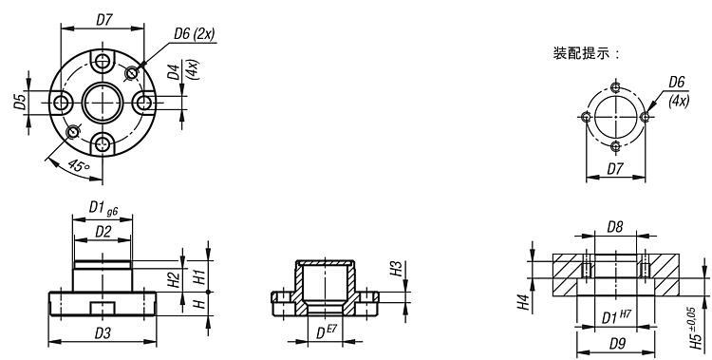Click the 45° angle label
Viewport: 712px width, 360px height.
pos(79,166)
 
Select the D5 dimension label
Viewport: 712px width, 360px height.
pos(19,103)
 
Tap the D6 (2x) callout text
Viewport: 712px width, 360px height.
pos(195,34)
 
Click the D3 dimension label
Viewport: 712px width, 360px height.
pos(103,333)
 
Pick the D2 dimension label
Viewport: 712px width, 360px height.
pos(103,232)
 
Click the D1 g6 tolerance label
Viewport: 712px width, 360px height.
pos(103,209)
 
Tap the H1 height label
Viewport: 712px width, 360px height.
pos(199,276)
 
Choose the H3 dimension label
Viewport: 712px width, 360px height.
pos(396,269)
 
